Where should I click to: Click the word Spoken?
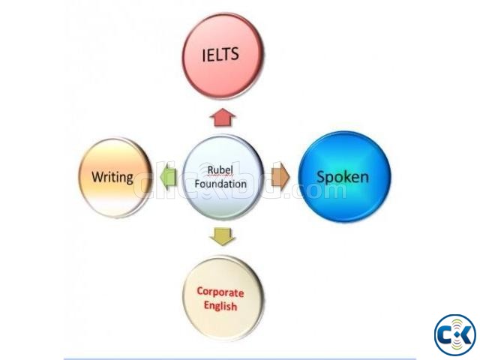coord(343,178)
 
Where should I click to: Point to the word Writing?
coord(112,178)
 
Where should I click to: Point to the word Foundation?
coord(220,183)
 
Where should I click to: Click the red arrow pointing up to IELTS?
coord(223,117)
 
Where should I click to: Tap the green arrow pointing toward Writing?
coord(167,177)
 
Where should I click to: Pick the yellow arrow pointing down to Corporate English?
coord(222,235)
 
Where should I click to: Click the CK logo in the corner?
coord(454,332)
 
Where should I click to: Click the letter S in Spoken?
coord(320,178)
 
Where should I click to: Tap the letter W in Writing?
coord(97,178)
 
